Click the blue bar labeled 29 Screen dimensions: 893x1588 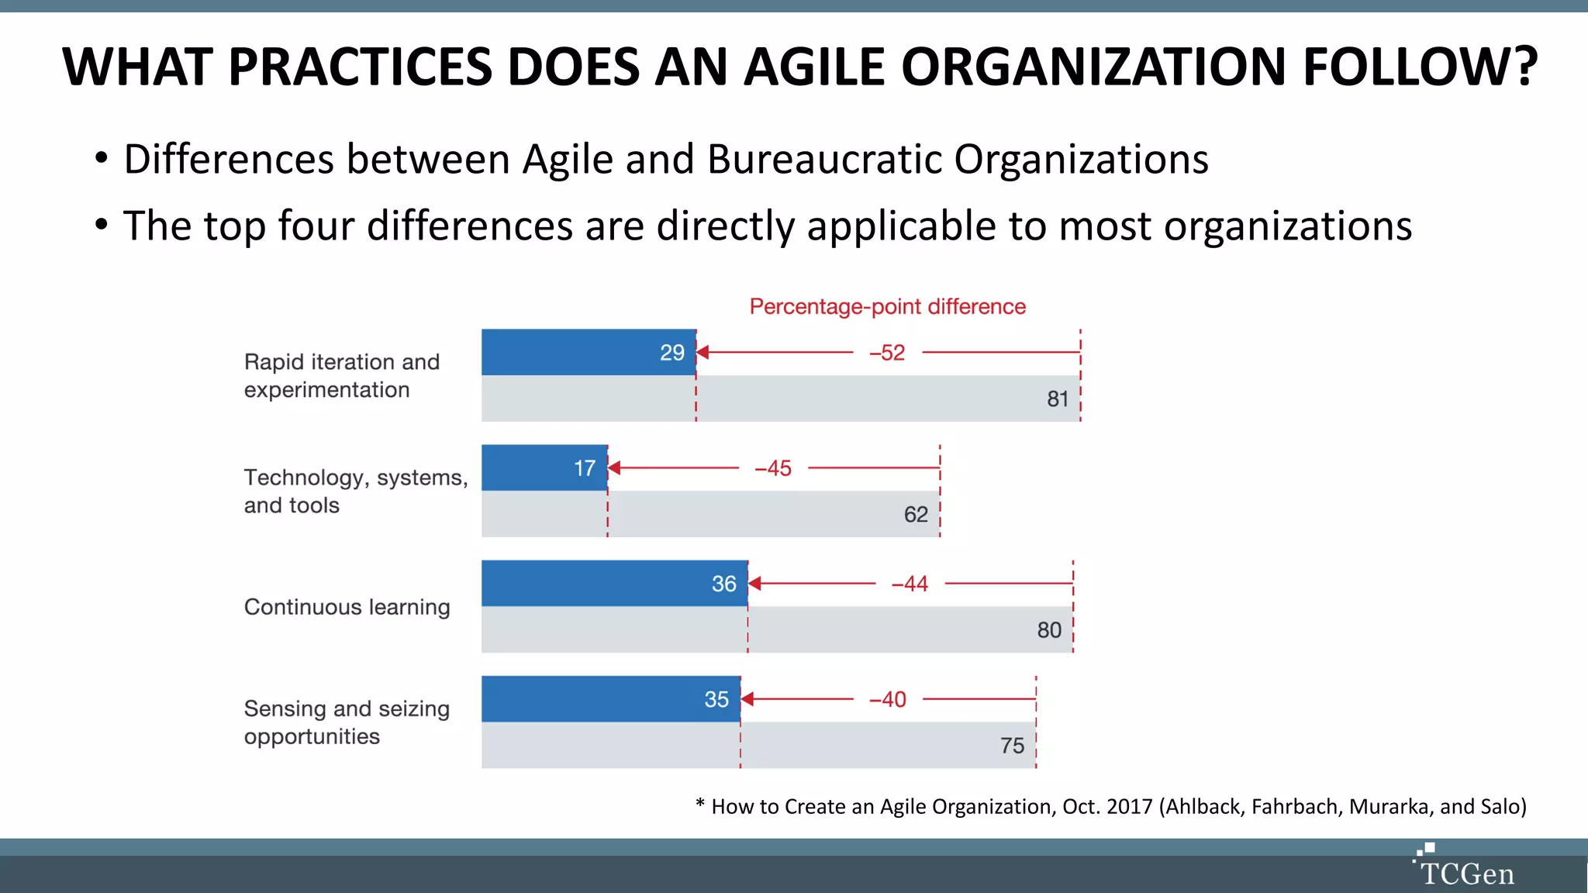[588, 353]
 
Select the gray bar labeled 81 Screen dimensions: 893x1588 [780, 399]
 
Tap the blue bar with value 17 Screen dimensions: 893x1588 [544, 467]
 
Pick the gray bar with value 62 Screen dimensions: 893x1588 [710, 514]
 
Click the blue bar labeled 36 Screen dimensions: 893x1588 [614, 583]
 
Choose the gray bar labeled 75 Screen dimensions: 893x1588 [758, 746]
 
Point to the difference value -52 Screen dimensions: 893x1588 [887, 353]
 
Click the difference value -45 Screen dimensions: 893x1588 [773, 468]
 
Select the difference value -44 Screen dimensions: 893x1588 [910, 584]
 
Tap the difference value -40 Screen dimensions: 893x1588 [887, 699]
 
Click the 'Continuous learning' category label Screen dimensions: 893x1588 [347, 607]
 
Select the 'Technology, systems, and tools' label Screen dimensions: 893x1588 [355, 491]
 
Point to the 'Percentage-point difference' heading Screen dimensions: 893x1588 [887, 307]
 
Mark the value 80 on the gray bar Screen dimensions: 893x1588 [1049, 630]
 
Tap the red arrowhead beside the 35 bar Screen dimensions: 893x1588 [747, 699]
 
